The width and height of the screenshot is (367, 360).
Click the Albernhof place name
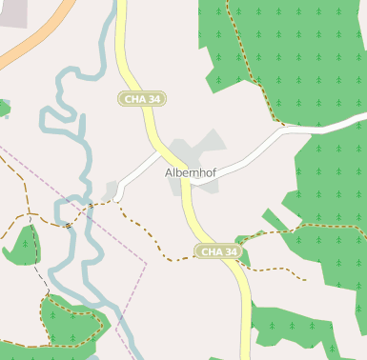point(194,173)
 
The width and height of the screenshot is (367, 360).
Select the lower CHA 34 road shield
point(218,251)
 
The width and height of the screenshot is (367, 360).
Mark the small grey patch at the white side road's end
point(110,190)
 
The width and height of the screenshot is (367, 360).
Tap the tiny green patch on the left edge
point(3,108)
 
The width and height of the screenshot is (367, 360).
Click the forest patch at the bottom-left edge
point(67,329)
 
